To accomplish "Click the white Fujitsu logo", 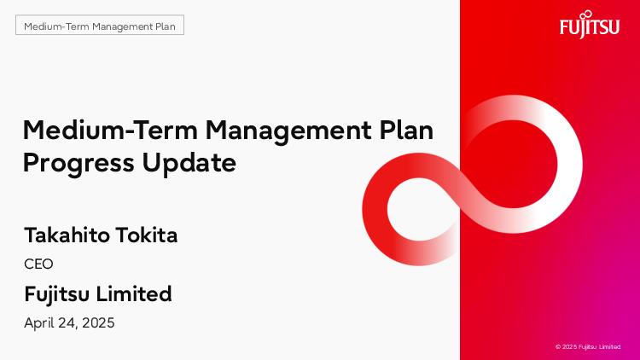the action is (x=590, y=25).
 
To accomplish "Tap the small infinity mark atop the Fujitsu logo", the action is (x=587, y=15).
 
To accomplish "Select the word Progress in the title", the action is (x=79, y=163).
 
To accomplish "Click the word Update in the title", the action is (x=189, y=163).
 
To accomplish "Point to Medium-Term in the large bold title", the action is (x=110, y=131).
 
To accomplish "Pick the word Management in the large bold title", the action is (x=289, y=131).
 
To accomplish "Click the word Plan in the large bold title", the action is (x=406, y=131).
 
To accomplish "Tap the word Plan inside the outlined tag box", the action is (x=166, y=26).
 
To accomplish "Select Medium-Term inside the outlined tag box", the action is (x=56, y=26).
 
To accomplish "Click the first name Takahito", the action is (x=67, y=235).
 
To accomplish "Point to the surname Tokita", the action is (x=147, y=235).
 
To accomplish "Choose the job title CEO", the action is (x=38, y=264).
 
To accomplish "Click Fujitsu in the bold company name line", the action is (x=57, y=294).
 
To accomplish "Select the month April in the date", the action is (x=38, y=323).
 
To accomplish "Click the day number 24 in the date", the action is (x=67, y=323).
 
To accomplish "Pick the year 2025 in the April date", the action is (x=98, y=322).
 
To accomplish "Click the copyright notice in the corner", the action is (x=588, y=347).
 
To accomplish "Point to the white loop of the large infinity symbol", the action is (x=570, y=163).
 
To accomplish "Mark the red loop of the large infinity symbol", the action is (x=375, y=209).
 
